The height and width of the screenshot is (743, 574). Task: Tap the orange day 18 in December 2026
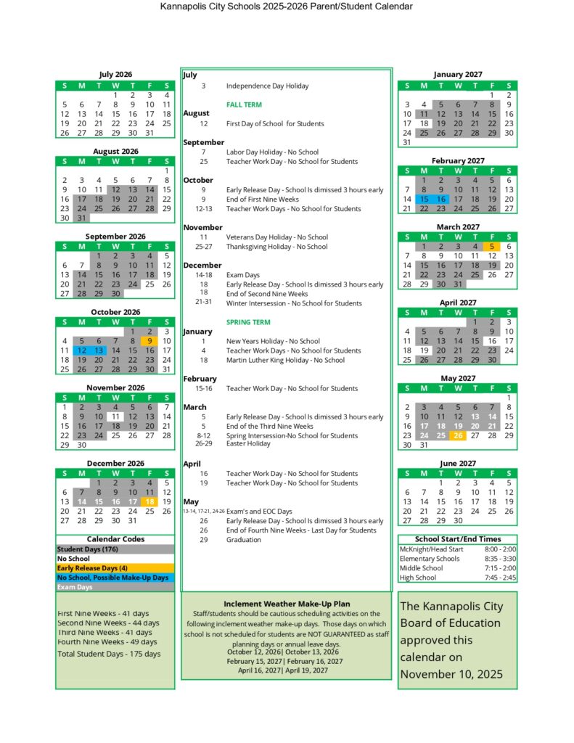click(x=149, y=501)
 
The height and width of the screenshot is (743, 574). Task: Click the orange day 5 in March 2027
click(x=492, y=246)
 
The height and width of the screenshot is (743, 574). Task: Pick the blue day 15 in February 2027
click(x=425, y=199)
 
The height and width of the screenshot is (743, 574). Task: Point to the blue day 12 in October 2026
click(x=81, y=350)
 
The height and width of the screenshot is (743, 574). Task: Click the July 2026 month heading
click(x=115, y=74)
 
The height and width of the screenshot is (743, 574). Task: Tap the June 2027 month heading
click(x=457, y=463)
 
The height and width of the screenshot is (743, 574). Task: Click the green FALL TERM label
click(x=244, y=104)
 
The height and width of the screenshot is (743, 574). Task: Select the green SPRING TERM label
click(x=247, y=322)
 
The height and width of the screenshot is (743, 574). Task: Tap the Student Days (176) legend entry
click(x=86, y=549)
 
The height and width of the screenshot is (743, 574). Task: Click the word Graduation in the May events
click(x=243, y=540)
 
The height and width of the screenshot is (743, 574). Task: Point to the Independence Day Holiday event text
click(x=267, y=86)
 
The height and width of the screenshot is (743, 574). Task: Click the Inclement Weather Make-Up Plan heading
click(x=287, y=604)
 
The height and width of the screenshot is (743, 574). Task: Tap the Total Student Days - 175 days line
click(x=109, y=654)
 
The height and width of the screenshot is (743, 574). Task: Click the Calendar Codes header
click(x=115, y=539)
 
